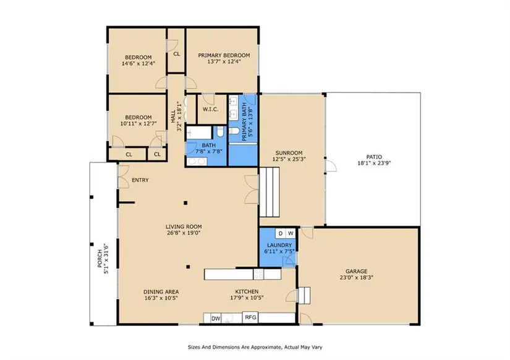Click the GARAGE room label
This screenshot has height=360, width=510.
[356, 271]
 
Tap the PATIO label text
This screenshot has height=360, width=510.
[374, 157]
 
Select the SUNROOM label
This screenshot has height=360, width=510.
[289, 153]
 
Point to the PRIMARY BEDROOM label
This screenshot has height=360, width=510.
[224, 55]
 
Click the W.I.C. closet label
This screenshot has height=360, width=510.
[210, 109]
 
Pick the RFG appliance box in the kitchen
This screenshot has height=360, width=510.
[250, 317]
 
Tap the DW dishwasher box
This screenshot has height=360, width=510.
[216, 319]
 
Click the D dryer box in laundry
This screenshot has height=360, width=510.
[281, 233]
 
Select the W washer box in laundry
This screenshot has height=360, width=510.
[291, 233]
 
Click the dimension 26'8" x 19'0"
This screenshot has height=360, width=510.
[184, 233]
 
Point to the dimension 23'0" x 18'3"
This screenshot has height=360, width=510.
[356, 278]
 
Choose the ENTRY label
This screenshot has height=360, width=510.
[140, 180]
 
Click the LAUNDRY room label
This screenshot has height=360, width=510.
[279, 245]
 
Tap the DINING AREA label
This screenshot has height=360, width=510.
[161, 291]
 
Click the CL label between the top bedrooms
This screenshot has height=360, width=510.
[177, 54]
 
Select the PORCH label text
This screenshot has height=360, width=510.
[100, 259]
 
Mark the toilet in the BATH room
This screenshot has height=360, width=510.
[221, 132]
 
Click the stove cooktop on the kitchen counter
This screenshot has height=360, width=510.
[258, 274]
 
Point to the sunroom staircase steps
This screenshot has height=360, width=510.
[270, 192]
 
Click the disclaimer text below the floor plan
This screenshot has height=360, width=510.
[255, 347]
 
